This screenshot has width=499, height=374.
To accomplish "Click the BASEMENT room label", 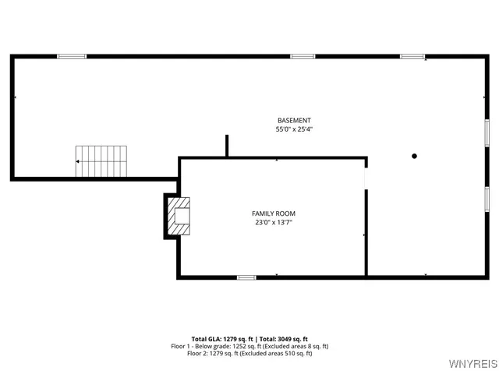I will click(x=294, y=120).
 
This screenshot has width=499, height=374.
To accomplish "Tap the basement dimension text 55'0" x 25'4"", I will click(x=294, y=129).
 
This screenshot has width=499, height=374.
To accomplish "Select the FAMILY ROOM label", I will click(x=273, y=213).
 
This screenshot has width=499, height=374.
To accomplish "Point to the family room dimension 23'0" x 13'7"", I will click(x=273, y=222).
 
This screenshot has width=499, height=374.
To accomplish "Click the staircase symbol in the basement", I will click(x=101, y=161).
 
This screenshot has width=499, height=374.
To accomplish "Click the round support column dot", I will click(x=415, y=156).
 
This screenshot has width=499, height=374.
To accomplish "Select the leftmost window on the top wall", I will click(x=72, y=56).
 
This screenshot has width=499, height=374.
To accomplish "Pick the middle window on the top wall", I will click(x=303, y=56).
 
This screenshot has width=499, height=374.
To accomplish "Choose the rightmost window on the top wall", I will click(x=412, y=56).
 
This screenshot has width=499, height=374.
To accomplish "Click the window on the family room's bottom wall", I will click(x=246, y=277).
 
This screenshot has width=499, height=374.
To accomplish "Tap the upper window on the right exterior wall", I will click(x=486, y=132).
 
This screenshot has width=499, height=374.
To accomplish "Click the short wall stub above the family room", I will click(x=227, y=146).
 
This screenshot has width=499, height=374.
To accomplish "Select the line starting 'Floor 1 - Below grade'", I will click(x=249, y=346).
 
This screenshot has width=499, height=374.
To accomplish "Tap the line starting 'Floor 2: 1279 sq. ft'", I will click(x=249, y=353).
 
